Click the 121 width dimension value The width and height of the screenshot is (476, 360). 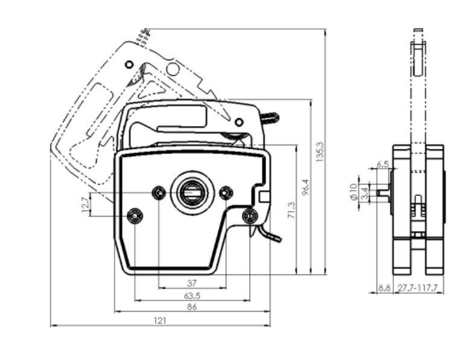(160, 321)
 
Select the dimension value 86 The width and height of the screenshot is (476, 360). (192, 307)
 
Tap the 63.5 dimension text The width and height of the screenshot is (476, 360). (192, 295)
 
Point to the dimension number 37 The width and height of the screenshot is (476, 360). (192, 283)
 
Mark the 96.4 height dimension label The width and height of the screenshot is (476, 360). (306, 188)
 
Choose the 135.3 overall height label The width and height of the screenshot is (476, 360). (320, 152)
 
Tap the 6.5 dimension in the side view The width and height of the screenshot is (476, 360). (382, 164)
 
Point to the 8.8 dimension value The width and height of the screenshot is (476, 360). (384, 289)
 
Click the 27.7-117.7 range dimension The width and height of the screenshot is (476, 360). (417, 289)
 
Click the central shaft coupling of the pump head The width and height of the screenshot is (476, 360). (192, 192)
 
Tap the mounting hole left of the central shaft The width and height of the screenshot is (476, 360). (159, 192)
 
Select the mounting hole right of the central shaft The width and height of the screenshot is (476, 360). (226, 192)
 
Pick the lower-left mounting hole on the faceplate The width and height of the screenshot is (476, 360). (135, 215)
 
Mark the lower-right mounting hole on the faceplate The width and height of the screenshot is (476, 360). (249, 215)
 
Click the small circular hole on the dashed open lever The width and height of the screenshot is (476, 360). (128, 64)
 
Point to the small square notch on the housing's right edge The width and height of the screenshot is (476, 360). (264, 196)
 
